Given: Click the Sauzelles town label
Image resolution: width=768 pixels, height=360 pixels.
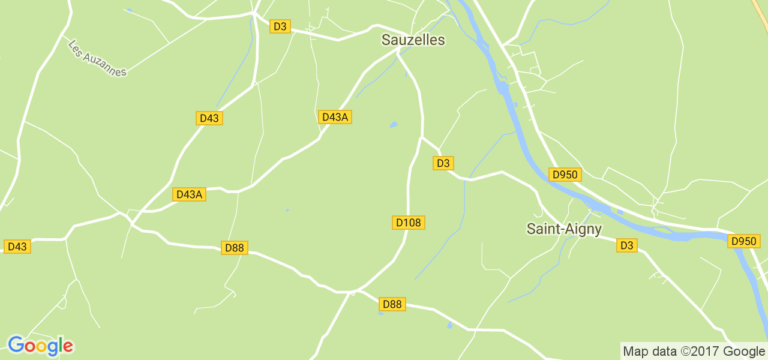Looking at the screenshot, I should tap(413, 40).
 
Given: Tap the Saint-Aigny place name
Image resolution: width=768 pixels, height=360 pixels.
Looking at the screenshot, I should tap(564, 229).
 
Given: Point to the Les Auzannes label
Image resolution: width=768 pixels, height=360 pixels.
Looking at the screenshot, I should tap(97, 58).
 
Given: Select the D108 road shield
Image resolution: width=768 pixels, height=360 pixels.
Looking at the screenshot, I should tap(409, 223).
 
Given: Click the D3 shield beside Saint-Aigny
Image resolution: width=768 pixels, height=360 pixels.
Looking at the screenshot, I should tap(627, 245).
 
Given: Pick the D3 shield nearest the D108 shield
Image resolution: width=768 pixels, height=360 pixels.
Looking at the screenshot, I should tap(443, 163).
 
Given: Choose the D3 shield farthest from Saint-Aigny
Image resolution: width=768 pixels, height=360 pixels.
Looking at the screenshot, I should tap(280, 26).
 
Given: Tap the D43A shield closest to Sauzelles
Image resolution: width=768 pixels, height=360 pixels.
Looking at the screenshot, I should tap(335, 117).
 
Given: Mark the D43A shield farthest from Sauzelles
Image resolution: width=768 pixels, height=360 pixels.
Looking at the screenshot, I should tap(189, 194).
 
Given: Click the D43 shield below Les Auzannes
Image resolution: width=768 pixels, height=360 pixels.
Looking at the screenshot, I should tap(209, 118).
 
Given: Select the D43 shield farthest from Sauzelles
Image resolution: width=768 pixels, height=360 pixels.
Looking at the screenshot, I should tap(17, 246).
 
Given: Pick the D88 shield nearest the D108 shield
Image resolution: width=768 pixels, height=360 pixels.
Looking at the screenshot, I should tap(392, 304).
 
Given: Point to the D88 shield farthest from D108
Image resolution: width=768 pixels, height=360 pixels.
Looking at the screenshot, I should tap(235, 247).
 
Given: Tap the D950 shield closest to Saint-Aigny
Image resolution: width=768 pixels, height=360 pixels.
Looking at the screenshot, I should tap(565, 175).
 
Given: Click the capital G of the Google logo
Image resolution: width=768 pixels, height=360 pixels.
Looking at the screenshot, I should tap(16, 345).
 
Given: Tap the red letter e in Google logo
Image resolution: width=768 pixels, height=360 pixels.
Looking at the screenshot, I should tap(68, 346).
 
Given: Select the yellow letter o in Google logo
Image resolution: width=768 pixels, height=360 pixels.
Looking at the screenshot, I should tap(40, 347).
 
